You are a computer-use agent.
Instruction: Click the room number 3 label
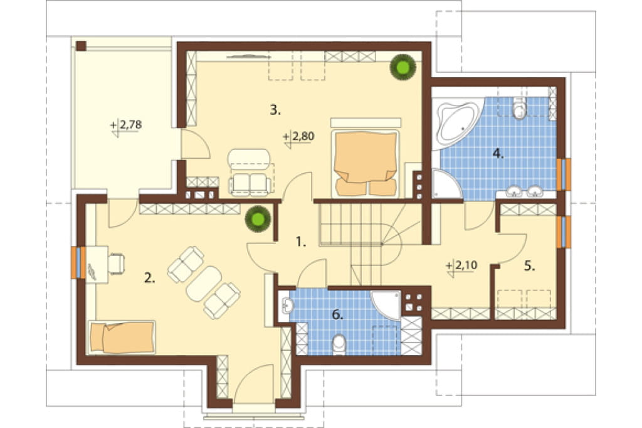pyautogui.click(x=275, y=110)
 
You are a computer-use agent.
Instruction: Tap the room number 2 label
pyautogui.click(x=149, y=279)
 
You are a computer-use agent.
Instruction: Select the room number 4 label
pyautogui.click(x=498, y=154)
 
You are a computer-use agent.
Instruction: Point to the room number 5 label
pyautogui.click(x=529, y=266)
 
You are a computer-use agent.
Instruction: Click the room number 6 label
pyautogui.click(x=337, y=314)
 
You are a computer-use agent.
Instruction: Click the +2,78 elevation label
pyautogui.click(x=126, y=126)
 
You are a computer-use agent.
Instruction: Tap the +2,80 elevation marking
pyautogui.click(x=299, y=137)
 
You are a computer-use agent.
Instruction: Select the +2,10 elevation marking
pyautogui.click(x=462, y=266)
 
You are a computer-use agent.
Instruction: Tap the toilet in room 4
pyautogui.click(x=519, y=108)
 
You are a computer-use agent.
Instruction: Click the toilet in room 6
pyautogui.click(x=339, y=345)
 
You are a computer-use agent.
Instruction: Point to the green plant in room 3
pyautogui.click(x=403, y=67)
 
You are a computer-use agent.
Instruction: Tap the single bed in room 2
pyautogui.click(x=122, y=337)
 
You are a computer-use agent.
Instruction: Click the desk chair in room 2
pyautogui.click(x=117, y=263)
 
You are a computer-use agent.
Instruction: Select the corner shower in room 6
pyautogui.click(x=387, y=304)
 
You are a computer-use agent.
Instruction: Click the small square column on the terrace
pyautogui.click(x=82, y=46)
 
